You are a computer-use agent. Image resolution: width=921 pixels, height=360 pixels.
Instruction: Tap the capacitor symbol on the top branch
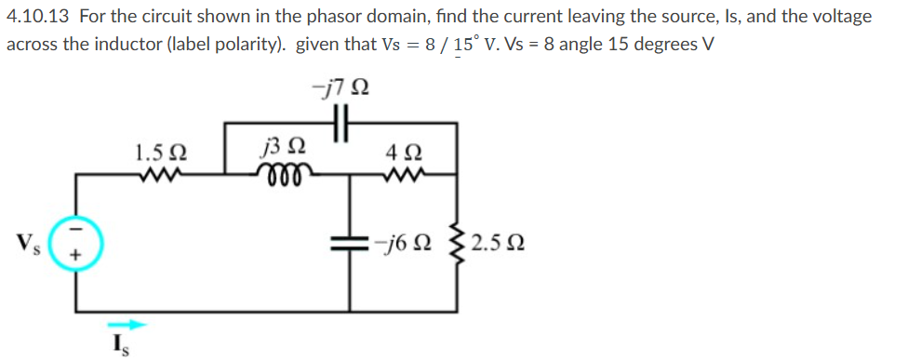tap(339, 122)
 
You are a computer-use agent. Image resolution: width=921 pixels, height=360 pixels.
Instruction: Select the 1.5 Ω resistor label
tap(152, 152)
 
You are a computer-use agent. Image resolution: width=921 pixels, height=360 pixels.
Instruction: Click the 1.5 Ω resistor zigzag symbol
tap(151, 172)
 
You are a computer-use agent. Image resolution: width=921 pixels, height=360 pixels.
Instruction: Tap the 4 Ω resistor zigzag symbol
tap(406, 172)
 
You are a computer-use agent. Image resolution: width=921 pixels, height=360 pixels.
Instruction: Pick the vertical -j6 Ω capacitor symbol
tap(351, 243)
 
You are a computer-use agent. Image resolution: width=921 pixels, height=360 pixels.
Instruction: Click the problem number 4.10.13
tap(39, 17)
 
